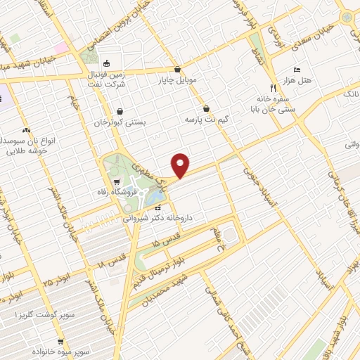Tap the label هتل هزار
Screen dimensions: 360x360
(x=307, y=82)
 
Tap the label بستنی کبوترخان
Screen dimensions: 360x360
(x=120, y=122)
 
